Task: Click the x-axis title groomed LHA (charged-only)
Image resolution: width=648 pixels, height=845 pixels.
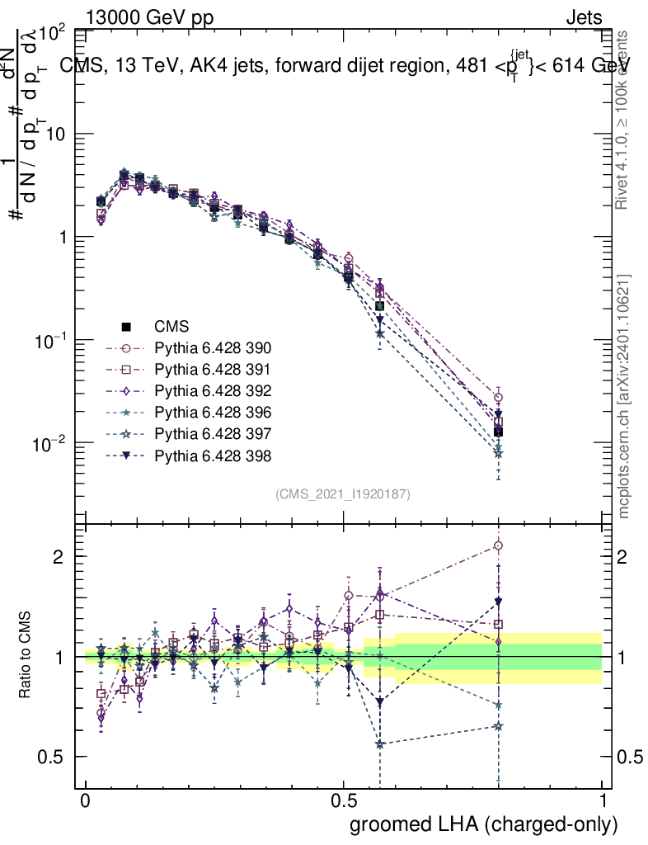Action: (x=485, y=824)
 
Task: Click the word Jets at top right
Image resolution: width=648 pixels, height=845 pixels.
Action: (x=584, y=17)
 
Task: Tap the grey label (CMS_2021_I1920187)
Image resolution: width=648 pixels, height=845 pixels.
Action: (x=343, y=493)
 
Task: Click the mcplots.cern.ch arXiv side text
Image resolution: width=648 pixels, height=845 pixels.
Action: (x=625, y=396)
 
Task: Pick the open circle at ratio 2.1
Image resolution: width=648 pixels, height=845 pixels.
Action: (x=498, y=545)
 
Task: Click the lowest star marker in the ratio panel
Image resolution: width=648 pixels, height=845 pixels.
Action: (x=379, y=744)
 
